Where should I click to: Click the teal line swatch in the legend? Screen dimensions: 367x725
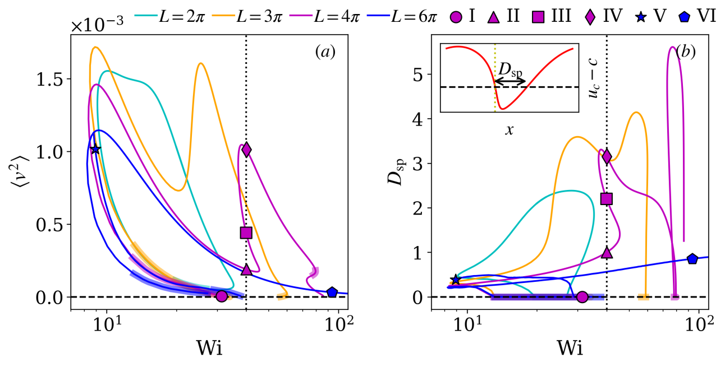click(146, 16)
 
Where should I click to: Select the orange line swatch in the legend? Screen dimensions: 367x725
click(223, 16)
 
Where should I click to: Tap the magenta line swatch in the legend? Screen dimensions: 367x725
click(301, 16)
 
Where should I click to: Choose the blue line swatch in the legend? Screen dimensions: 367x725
click(378, 16)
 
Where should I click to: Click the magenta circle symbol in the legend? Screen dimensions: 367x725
click(456, 17)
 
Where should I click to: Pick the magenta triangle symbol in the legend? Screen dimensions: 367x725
click(493, 18)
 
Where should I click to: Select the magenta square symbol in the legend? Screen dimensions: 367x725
click(538, 17)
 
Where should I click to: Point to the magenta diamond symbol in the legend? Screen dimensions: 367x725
click(590, 17)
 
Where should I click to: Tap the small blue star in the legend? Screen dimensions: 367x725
click(641, 17)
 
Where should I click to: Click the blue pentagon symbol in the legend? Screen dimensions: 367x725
click(684, 17)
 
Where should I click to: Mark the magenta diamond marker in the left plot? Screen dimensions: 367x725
click(246, 150)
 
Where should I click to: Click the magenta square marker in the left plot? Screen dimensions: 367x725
click(246, 233)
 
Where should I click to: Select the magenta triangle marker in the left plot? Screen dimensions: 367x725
click(246, 270)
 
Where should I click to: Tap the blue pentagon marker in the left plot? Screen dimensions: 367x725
click(332, 292)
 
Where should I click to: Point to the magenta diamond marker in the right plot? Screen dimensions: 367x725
click(607, 156)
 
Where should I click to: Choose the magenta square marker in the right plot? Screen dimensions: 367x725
click(606, 198)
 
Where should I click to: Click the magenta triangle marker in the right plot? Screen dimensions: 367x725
click(607, 253)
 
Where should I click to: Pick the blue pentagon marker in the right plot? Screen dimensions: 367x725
click(692, 259)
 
